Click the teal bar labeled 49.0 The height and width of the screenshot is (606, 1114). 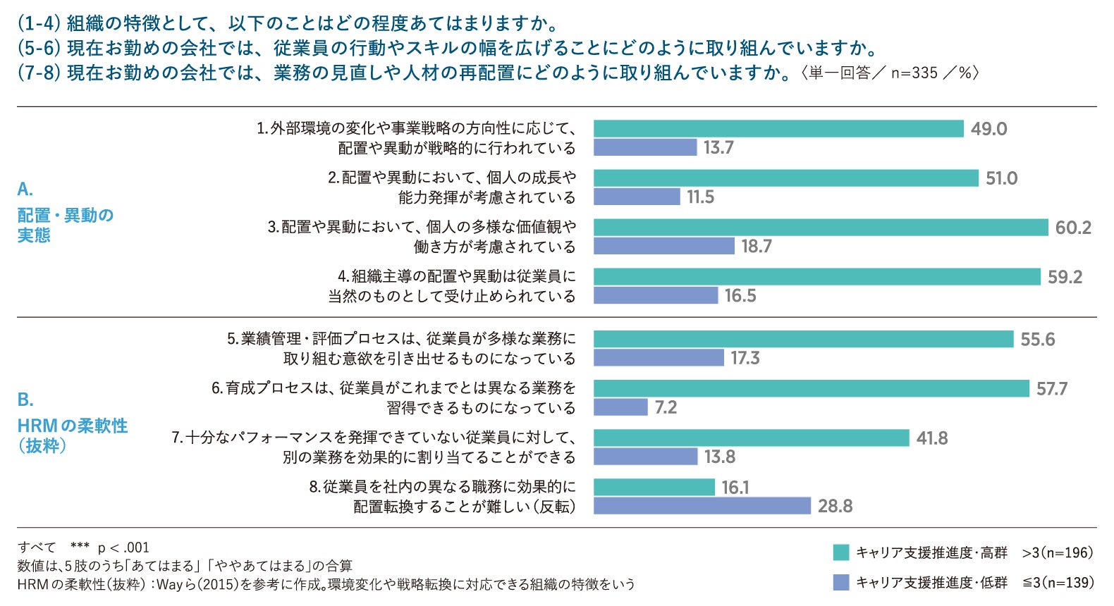(778, 129)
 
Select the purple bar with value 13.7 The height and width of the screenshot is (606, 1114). (645, 148)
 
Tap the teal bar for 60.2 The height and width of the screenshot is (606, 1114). (821, 227)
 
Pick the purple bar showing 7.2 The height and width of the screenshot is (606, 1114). (620, 407)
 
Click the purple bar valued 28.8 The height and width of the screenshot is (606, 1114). (702, 506)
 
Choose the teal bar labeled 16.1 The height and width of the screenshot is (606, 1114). (654, 487)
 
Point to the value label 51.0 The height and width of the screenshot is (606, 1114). (1002, 178)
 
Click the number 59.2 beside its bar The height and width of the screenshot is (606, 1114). (1065, 277)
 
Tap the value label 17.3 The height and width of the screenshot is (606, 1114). (745, 358)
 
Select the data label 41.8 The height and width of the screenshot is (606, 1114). (932, 438)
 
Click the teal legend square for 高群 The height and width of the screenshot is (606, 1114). (841, 552)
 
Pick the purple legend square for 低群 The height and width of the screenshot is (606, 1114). (841, 582)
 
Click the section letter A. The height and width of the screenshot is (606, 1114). (25, 190)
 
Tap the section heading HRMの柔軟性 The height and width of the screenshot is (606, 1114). (73, 426)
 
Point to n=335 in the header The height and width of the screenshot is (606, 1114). (914, 73)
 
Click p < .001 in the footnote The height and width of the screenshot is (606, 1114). (123, 548)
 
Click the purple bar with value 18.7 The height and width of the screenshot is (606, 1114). (664, 246)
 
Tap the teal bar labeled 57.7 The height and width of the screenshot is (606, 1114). (811, 388)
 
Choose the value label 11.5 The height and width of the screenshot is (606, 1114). (701, 197)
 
